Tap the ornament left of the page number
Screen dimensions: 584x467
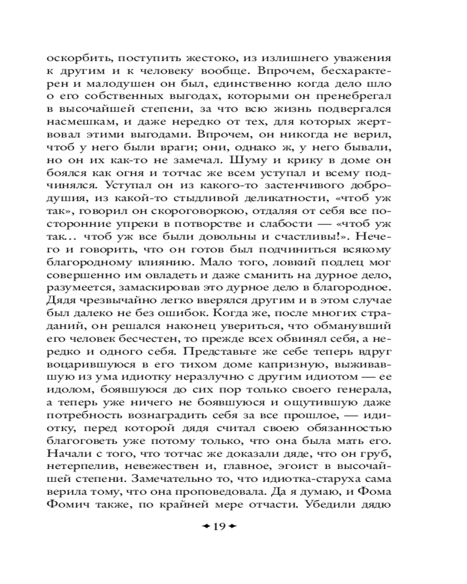point(204,526)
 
